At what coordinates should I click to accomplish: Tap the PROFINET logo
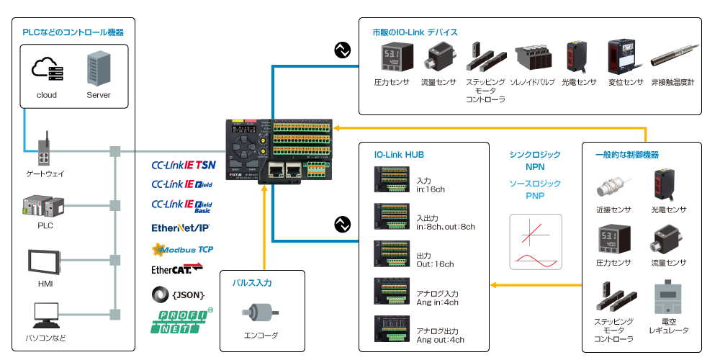(x=181, y=320)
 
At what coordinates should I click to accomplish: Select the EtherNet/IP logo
(x=180, y=228)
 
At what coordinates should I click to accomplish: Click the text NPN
(x=535, y=167)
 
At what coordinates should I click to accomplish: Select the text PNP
(x=535, y=195)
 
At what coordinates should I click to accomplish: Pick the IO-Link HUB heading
(x=398, y=154)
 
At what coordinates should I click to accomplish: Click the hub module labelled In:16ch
(x=392, y=179)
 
